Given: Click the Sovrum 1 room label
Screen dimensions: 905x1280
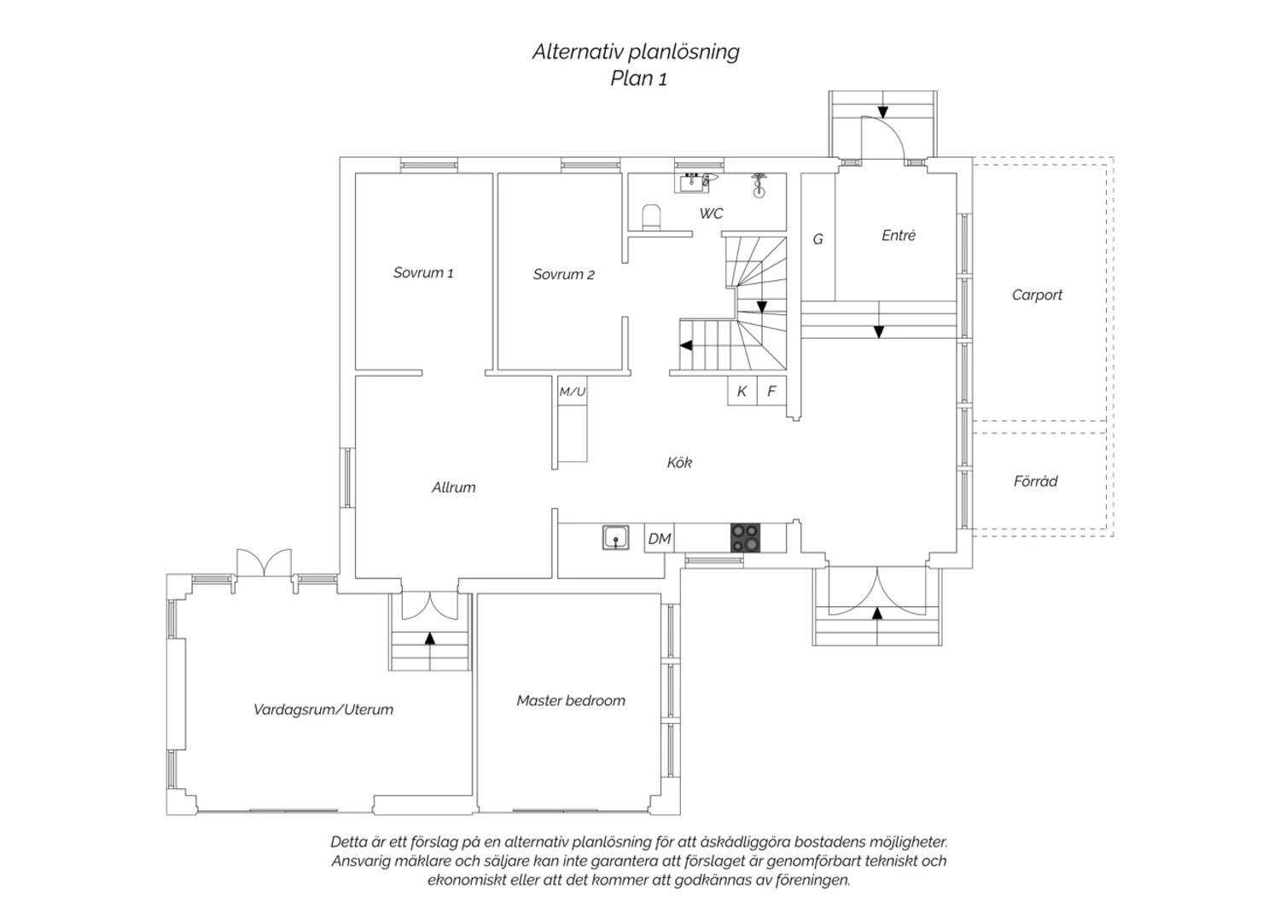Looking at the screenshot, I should click(422, 273).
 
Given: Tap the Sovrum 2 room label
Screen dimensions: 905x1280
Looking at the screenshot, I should click(563, 274).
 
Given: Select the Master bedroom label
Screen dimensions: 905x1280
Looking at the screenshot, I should click(571, 701).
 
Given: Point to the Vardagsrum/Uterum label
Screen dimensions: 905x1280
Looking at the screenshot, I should click(323, 709).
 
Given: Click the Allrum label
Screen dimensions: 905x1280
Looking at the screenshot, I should click(453, 488).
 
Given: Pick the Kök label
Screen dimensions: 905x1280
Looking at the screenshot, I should click(679, 463).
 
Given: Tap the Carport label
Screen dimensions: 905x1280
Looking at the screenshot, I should click(1037, 295).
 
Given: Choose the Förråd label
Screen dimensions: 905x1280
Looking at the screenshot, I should click(1035, 482).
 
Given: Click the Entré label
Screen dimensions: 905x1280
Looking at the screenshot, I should click(899, 236).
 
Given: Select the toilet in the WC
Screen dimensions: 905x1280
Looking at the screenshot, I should click(651, 217).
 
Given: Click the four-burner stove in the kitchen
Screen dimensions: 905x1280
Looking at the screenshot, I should click(744, 538).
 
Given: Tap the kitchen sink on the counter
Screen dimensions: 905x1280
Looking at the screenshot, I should click(615, 539).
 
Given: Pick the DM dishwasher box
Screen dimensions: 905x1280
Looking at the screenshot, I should click(659, 539).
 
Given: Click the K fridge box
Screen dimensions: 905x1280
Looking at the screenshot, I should click(742, 391).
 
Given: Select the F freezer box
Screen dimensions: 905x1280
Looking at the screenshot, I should click(771, 391).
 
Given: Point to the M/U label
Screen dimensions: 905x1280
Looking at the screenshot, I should click(572, 392).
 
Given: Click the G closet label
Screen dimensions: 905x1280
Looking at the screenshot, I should click(817, 239).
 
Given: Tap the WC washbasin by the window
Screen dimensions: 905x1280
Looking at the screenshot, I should click(693, 182).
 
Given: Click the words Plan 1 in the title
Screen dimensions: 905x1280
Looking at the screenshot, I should click(637, 79).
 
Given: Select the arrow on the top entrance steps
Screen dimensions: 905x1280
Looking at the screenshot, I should click(882, 111).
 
